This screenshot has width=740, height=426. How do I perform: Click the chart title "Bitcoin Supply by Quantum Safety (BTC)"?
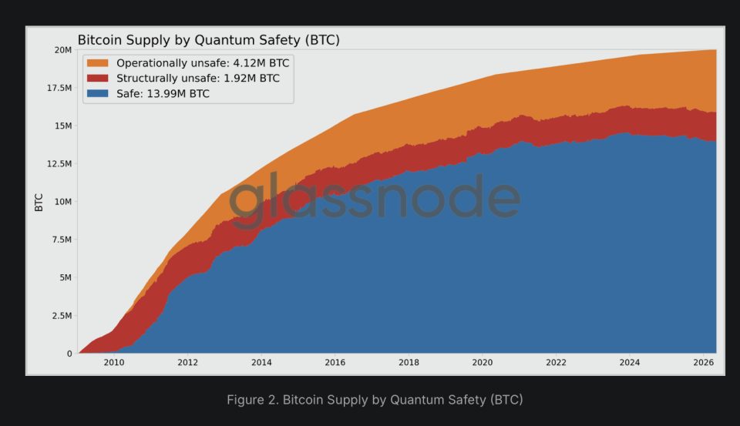pyautogui.click(x=209, y=40)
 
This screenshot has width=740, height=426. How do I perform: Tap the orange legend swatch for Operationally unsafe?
pyautogui.click(x=98, y=63)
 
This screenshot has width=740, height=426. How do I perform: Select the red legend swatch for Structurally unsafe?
pyautogui.click(x=98, y=79)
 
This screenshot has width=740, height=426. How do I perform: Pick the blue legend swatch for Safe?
pyautogui.click(x=98, y=93)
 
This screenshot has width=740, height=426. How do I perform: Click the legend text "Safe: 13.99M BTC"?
pyautogui.click(x=163, y=93)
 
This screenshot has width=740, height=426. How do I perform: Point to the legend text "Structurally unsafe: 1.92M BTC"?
pyautogui.click(x=198, y=79)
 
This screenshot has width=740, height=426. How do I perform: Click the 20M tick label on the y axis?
pyautogui.click(x=63, y=50)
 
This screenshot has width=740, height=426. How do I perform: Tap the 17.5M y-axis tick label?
pyautogui.click(x=59, y=88)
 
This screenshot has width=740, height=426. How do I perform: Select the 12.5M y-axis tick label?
pyautogui.click(x=59, y=164)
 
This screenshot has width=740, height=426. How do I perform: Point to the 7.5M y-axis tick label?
pyautogui.click(x=62, y=240)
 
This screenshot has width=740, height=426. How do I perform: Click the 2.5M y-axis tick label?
pyautogui.click(x=62, y=316)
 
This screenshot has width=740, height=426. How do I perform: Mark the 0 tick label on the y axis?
pyautogui.click(x=69, y=354)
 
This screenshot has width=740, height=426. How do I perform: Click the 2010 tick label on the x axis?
pyautogui.click(x=114, y=362)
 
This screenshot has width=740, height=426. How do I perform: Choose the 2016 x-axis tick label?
pyautogui.click(x=335, y=362)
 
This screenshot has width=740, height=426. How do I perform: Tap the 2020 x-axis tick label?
pyautogui.click(x=483, y=362)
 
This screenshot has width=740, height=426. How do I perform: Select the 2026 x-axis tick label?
pyautogui.click(x=703, y=362)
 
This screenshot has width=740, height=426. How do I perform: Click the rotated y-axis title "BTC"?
pyautogui.click(x=39, y=203)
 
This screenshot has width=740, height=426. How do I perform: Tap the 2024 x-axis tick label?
pyautogui.click(x=630, y=362)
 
